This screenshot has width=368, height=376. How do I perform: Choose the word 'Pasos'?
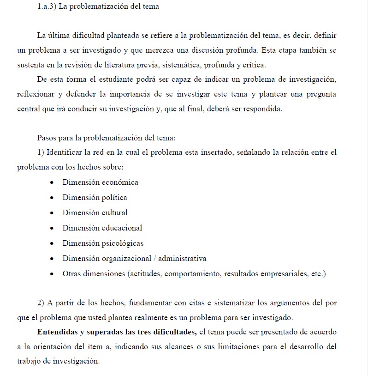(47, 138)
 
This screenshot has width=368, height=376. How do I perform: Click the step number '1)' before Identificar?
(41, 152)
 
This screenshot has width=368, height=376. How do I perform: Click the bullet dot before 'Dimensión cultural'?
(52, 213)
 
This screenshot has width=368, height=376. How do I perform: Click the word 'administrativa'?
(182, 258)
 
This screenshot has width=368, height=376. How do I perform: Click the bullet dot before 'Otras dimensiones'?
(52, 274)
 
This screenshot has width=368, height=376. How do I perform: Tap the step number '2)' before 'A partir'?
(41, 303)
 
